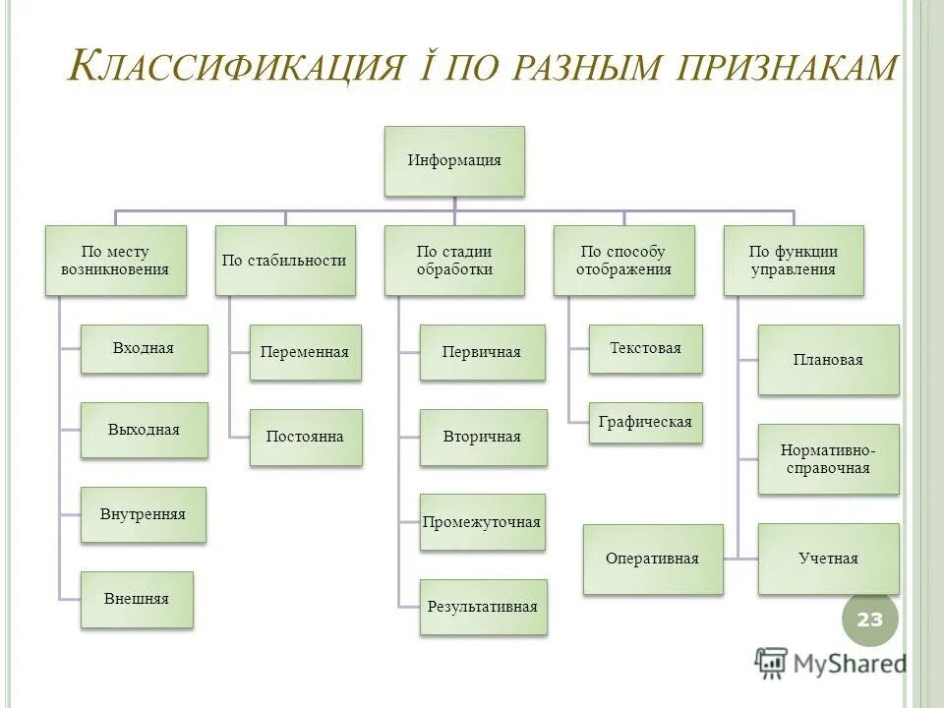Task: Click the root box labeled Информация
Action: point(454,160)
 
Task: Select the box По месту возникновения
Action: point(115,260)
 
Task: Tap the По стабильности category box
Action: point(285,260)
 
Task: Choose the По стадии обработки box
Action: point(454,260)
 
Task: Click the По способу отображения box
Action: point(623,260)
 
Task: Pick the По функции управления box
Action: point(794,260)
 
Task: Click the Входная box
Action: point(144,348)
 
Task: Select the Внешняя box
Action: point(137,599)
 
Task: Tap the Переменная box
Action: point(305,352)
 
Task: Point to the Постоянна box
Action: point(305,437)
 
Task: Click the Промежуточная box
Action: point(482,522)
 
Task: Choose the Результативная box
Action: point(482,607)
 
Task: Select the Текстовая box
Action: point(645,348)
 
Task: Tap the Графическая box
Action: point(645,423)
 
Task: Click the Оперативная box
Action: point(652,559)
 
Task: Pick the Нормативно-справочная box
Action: point(828,459)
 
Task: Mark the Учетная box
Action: point(828,559)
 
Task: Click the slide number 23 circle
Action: point(869,619)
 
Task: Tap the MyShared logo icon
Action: point(772,664)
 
